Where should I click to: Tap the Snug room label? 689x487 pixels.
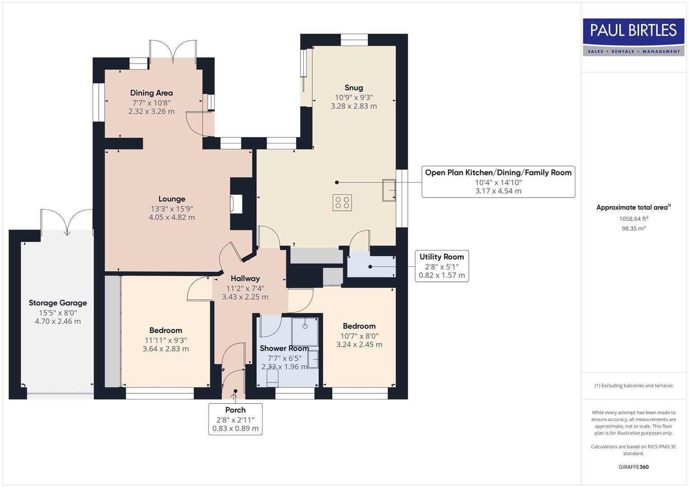(354, 87)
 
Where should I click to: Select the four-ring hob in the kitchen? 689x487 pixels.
(342, 202)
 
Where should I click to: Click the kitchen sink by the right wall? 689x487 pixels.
(388, 190)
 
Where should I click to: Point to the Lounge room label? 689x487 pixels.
(171, 199)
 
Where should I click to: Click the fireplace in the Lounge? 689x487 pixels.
(236, 204)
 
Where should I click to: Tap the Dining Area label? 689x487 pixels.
(151, 93)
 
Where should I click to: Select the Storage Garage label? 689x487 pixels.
(58, 303)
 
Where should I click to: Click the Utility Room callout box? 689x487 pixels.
(442, 266)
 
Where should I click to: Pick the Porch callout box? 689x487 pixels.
(235, 419)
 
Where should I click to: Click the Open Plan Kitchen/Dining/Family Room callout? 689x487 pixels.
(498, 182)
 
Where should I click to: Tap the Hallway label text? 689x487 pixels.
(245, 279)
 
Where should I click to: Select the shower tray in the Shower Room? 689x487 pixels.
(305, 331)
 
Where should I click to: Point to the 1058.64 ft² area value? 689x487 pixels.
(633, 219)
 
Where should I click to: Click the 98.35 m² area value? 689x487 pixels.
(633, 229)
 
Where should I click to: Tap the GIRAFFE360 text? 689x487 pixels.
(633, 467)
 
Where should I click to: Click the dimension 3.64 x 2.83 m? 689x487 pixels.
(166, 349)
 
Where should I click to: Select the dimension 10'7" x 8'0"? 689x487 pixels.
(359, 336)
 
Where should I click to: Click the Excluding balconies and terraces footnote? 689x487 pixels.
(633, 386)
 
